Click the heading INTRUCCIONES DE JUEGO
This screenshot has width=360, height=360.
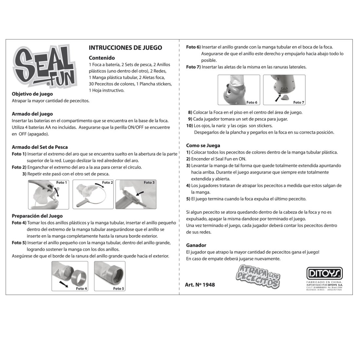pyautogui.click(x=125, y=48)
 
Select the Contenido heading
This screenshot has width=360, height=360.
pyautogui.click(x=102, y=58)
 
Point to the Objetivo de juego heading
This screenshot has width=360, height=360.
pyautogui.click(x=32, y=94)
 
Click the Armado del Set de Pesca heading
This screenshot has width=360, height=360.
pyautogui.click(x=40, y=147)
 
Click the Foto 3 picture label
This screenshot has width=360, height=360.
pyautogui.click(x=149, y=183)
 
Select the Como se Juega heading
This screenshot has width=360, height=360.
pyautogui.click(x=203, y=145)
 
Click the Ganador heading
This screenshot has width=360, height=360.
pyautogui.click(x=196, y=245)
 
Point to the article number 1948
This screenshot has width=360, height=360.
pyautogui.click(x=200, y=284)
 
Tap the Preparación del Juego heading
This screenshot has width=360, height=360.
pyautogui.click(x=37, y=216)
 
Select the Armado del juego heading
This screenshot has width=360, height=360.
pyautogui.click(x=32, y=114)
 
